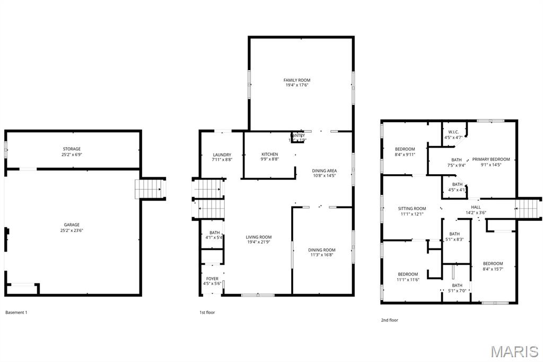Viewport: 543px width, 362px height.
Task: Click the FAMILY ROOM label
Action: tap(297, 80)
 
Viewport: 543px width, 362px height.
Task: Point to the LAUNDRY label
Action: tap(222, 154)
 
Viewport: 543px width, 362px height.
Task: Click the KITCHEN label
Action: tap(269, 154)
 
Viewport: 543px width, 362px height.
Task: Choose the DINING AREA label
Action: tap(324, 170)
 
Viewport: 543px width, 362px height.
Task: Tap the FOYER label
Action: tap(212, 279)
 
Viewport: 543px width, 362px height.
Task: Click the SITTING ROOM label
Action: tap(412, 209)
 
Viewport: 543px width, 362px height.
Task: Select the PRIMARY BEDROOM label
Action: tap(491, 159)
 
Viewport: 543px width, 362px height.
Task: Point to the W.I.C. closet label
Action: tap(453, 132)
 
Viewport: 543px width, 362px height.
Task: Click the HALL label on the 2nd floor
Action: tap(476, 207)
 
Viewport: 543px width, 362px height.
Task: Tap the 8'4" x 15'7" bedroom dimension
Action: tap(493, 269)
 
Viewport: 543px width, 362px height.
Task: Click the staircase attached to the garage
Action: tap(149, 188)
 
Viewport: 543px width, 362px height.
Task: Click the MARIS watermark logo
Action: tap(514, 351)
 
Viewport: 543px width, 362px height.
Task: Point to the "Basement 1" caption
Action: tap(16, 313)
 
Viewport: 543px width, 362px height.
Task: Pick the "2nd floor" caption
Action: tap(389, 320)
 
